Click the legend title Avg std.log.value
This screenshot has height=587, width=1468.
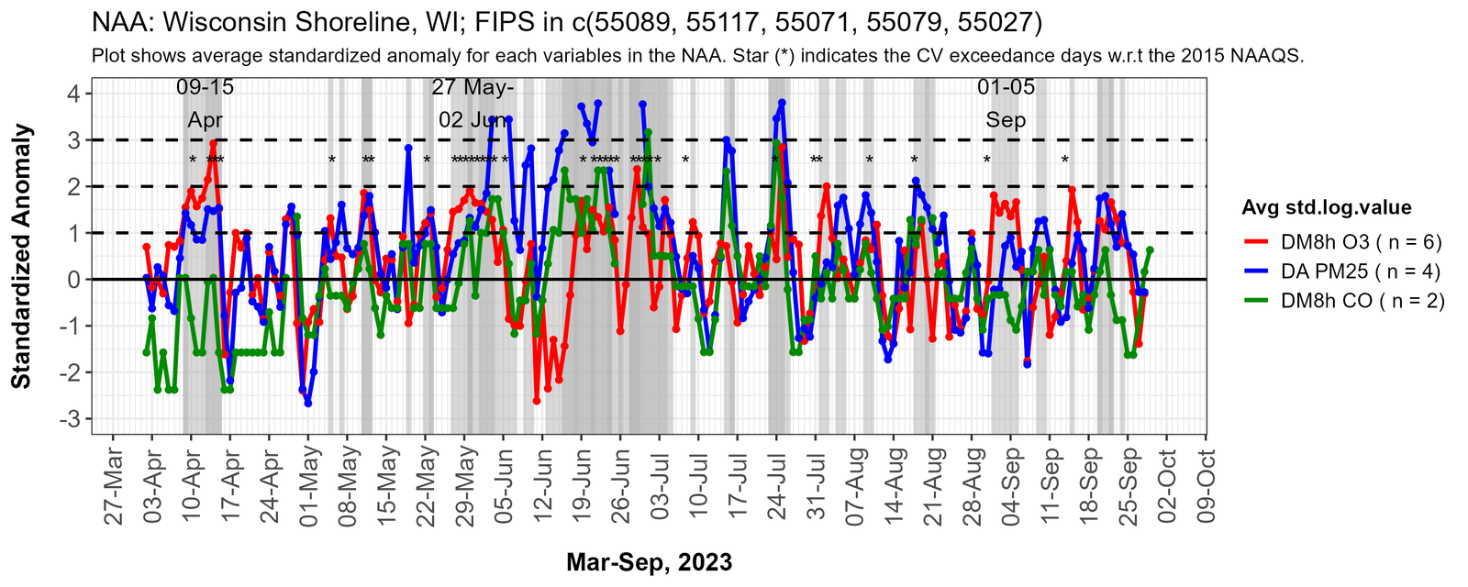1326,207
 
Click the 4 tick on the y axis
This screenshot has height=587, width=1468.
72,94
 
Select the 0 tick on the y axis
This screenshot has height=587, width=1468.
72,280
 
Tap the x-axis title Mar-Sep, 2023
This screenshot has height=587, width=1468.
649,562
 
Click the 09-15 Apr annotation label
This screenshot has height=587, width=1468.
206,104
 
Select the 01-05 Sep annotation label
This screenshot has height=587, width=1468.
1006,104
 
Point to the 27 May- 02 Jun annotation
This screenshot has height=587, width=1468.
473,104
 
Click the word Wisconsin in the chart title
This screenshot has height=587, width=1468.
212,21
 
